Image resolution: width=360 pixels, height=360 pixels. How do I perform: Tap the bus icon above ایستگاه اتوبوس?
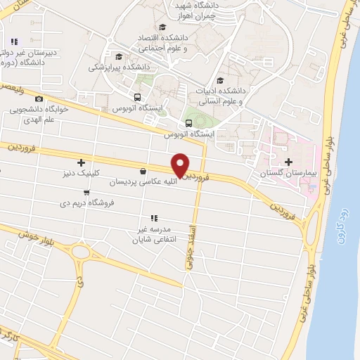click(x=138, y=98)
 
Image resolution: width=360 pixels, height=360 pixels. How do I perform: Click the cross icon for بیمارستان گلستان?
click(x=289, y=162)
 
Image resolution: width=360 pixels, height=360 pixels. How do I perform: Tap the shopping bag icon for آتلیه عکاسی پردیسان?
click(x=143, y=171)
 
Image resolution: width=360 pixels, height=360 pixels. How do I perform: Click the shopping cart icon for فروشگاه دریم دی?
click(x=86, y=192)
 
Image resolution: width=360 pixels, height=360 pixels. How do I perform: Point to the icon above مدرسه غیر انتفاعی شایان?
click(x=154, y=218)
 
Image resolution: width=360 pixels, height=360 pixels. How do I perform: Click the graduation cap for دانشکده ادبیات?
click(x=221, y=80)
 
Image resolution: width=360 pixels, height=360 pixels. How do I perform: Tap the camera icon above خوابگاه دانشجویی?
click(x=39, y=99)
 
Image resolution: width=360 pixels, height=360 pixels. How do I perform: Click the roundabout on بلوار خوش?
click(x=81, y=251)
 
